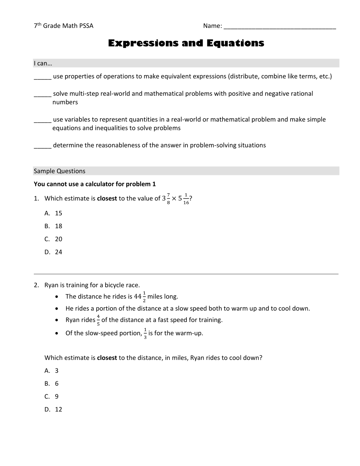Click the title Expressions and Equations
[186, 43]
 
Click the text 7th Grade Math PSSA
[64, 26]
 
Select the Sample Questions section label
[60, 171]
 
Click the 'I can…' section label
[43, 64]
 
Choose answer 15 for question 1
[58, 213]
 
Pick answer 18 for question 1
[58, 226]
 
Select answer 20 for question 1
[58, 239]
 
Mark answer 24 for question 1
[58, 252]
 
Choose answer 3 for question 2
[57, 371]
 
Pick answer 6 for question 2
[57, 384]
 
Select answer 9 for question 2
[57, 396]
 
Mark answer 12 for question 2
[58, 409]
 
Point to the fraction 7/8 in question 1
[168, 199]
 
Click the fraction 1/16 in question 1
[186, 199]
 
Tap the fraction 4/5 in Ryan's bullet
[98, 320]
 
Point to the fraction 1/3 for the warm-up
[145, 333]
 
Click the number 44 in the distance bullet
[138, 297]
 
